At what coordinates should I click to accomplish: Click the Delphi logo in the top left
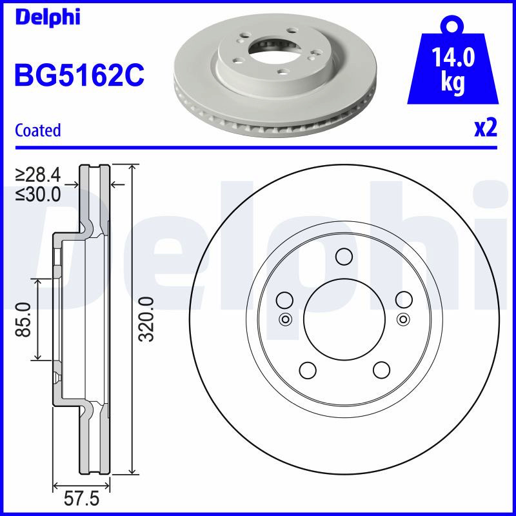47,17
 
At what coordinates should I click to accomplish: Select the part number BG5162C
79,75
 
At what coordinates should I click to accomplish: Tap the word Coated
38,130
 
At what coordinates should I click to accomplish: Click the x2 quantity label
486,128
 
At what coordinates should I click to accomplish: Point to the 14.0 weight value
453,57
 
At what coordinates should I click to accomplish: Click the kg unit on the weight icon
453,83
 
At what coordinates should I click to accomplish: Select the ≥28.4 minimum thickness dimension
38,175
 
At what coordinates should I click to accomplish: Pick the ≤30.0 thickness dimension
38,194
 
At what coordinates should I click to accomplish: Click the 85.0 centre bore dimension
23,319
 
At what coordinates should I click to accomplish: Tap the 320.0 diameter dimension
146,319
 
